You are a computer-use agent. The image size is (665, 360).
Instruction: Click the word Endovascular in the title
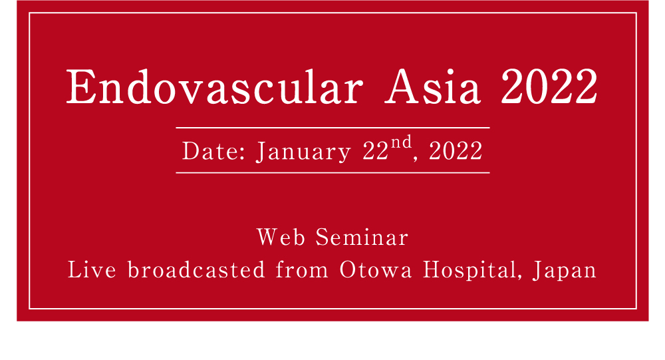point(215,87)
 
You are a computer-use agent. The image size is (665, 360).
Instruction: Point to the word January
point(303,152)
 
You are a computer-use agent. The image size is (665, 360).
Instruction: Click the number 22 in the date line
point(376,152)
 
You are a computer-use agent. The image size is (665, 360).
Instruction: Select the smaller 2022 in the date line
point(456,152)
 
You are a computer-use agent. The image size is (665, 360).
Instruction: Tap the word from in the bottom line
point(301,271)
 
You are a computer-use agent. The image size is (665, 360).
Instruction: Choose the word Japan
point(565,271)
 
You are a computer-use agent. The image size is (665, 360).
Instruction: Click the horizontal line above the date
point(332,127)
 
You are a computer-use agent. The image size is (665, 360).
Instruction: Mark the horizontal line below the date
point(332,172)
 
